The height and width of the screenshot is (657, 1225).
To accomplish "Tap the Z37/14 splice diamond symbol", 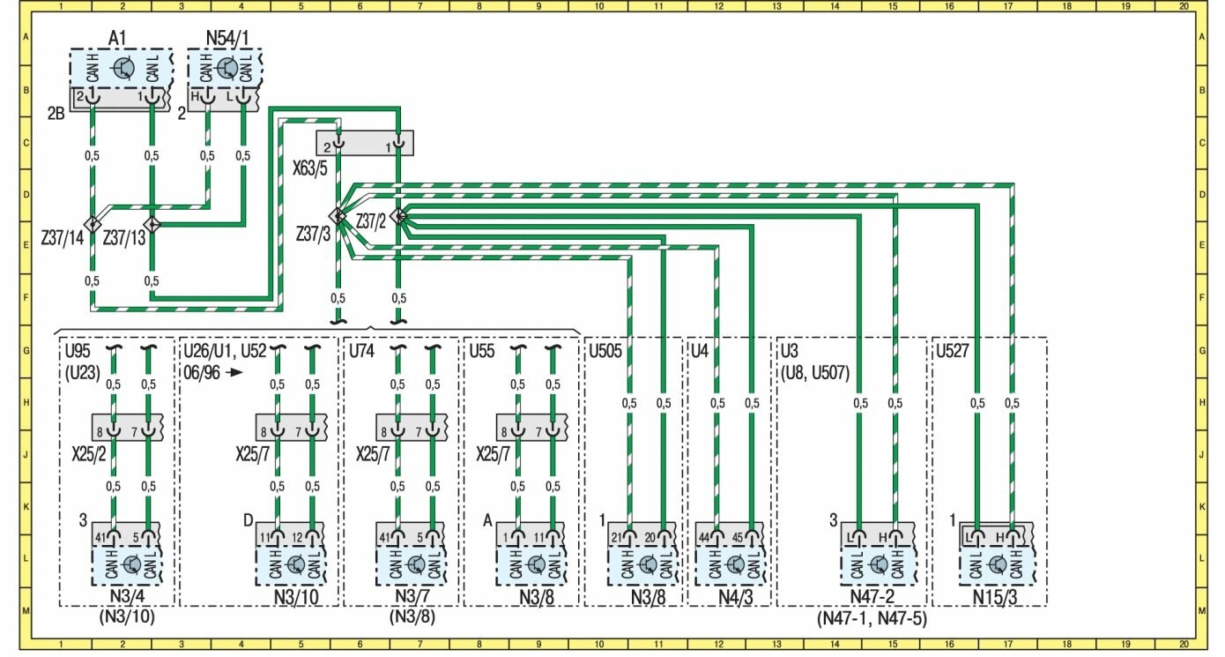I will point(92,224).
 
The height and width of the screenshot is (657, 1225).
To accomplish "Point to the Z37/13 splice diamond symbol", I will point(152,224).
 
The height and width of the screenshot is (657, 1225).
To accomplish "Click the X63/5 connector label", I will point(310,168).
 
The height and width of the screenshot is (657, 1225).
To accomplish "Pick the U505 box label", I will point(606,350).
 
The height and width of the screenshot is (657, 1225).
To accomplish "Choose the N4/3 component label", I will point(734,598).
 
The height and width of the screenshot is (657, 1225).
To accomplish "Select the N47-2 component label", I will point(872,598).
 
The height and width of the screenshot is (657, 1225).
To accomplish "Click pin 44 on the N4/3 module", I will point(704,537).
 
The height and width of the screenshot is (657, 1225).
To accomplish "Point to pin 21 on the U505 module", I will point(617,537).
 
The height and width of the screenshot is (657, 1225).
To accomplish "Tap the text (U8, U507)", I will point(815,372).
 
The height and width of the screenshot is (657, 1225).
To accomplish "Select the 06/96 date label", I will point(200,372).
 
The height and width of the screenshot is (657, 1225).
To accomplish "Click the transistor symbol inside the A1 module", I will point(124,68).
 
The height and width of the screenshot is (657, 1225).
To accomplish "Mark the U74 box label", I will point(362,350).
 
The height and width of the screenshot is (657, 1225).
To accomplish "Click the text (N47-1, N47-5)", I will point(872,618).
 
